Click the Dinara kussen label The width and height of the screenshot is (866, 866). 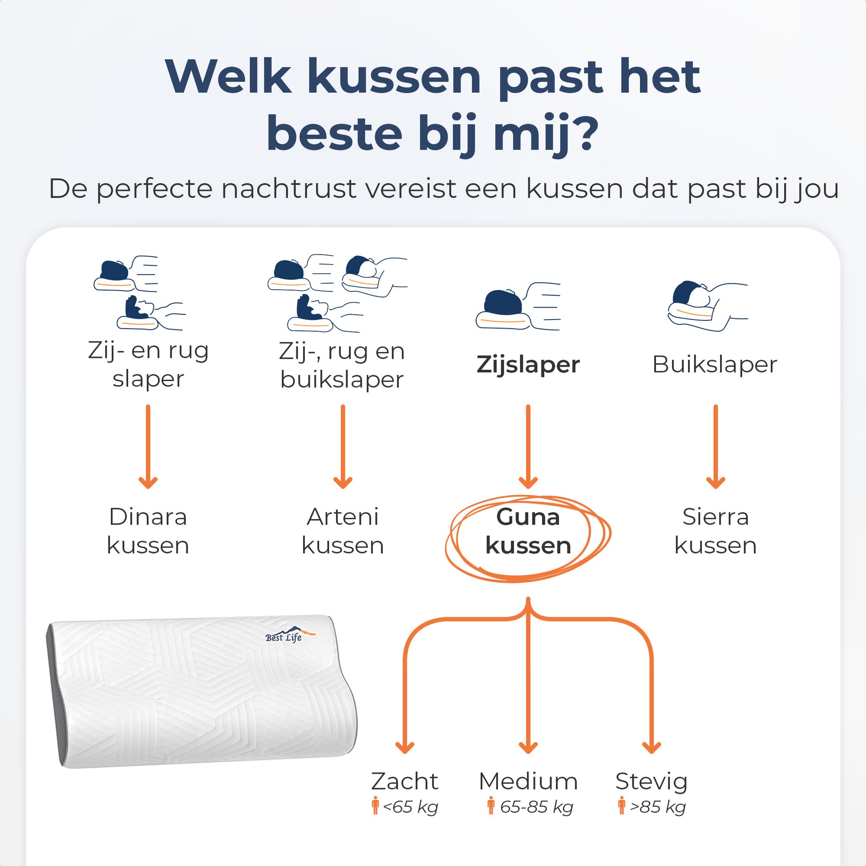148,531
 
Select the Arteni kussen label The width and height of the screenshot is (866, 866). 343,531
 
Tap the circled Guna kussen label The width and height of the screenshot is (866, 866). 528,531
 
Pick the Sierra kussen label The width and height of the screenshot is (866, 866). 716,531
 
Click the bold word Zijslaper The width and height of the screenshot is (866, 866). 528,364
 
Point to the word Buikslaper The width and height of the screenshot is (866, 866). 715,364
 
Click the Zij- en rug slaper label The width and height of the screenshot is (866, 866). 148,364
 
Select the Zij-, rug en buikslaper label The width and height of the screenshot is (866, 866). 342,365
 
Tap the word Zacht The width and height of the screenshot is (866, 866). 405,781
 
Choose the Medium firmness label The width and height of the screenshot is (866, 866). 528,781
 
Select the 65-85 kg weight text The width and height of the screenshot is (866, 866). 537,807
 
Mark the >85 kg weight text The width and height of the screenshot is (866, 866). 658,807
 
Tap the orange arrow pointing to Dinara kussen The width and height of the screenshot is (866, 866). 148,446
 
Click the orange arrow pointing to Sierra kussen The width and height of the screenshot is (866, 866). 716,446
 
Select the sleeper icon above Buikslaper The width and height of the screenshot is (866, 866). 707,306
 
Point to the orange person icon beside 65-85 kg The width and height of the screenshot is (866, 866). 491,805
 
